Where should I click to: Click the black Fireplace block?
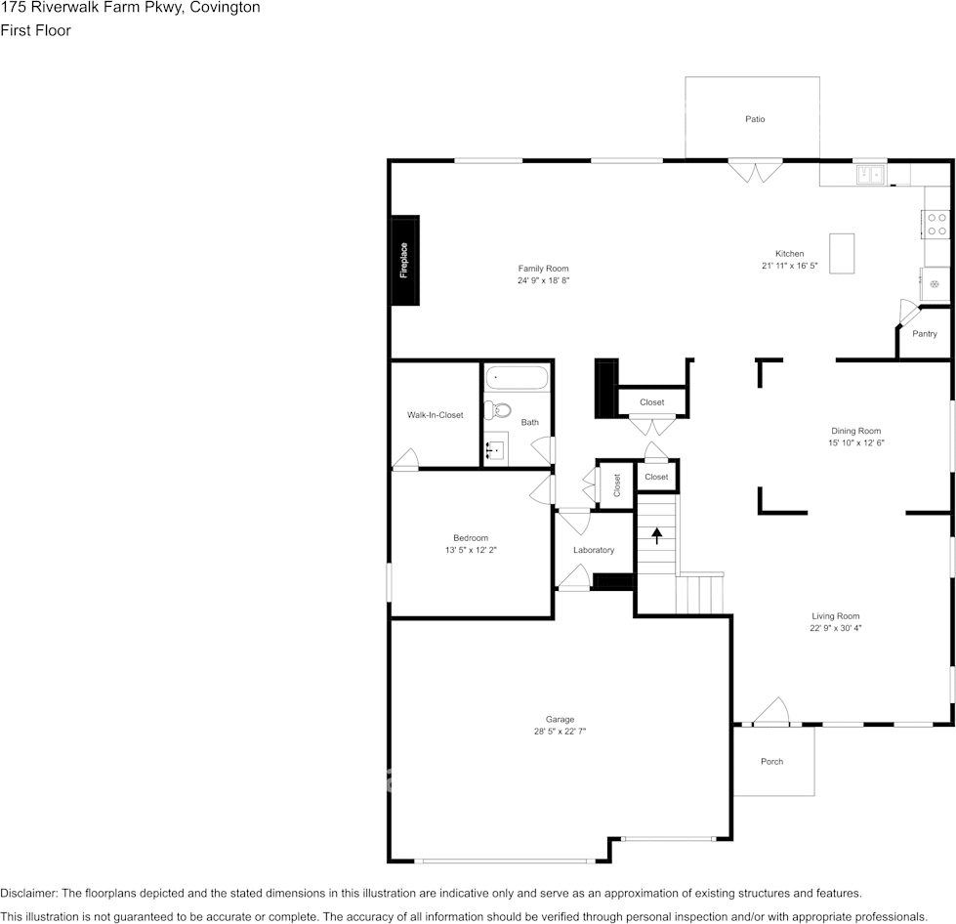pos(405,261)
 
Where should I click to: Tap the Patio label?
pos(755,119)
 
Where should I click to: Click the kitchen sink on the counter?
pos(869,175)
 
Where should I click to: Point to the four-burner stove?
pos(935,225)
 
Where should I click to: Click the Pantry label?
pos(924,334)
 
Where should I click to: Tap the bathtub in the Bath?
pos(518,378)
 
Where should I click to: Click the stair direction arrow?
pos(657,534)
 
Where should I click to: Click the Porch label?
pos(771,762)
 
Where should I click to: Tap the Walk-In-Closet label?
pos(435,415)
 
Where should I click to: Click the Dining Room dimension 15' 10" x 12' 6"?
pos(855,442)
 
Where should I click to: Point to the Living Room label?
pos(835,616)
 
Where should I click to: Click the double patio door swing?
pos(755,173)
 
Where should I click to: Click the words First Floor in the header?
pos(35,30)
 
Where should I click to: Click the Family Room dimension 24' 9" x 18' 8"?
pos(543,280)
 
